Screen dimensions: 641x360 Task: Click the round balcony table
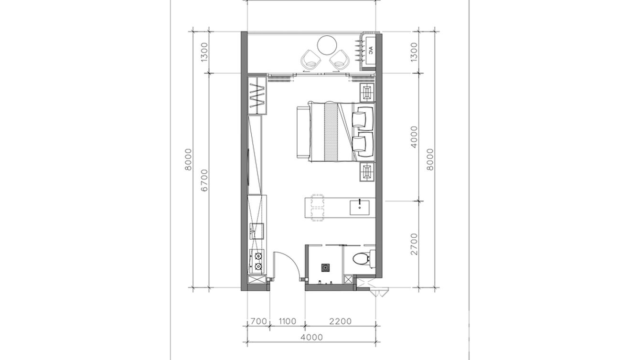point(327,45)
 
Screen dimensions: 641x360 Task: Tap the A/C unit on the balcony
point(370,52)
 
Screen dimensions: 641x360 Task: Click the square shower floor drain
point(326,268)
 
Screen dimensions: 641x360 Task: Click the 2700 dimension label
point(414,244)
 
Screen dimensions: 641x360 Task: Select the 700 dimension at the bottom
point(259,321)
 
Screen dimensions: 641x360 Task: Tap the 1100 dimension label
point(288,321)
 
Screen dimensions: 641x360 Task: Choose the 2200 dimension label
point(340,321)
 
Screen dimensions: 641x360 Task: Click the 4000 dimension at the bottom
point(311,338)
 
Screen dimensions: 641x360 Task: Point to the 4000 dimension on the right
point(414,137)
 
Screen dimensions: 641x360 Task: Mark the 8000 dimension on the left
point(188,159)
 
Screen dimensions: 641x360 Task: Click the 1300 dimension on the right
point(414,52)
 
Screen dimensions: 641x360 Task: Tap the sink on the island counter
point(359,208)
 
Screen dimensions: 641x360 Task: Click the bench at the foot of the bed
point(303,132)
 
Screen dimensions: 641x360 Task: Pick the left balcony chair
point(311,60)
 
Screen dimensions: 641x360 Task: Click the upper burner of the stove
point(58,255)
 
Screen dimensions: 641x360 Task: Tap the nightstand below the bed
point(367,172)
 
